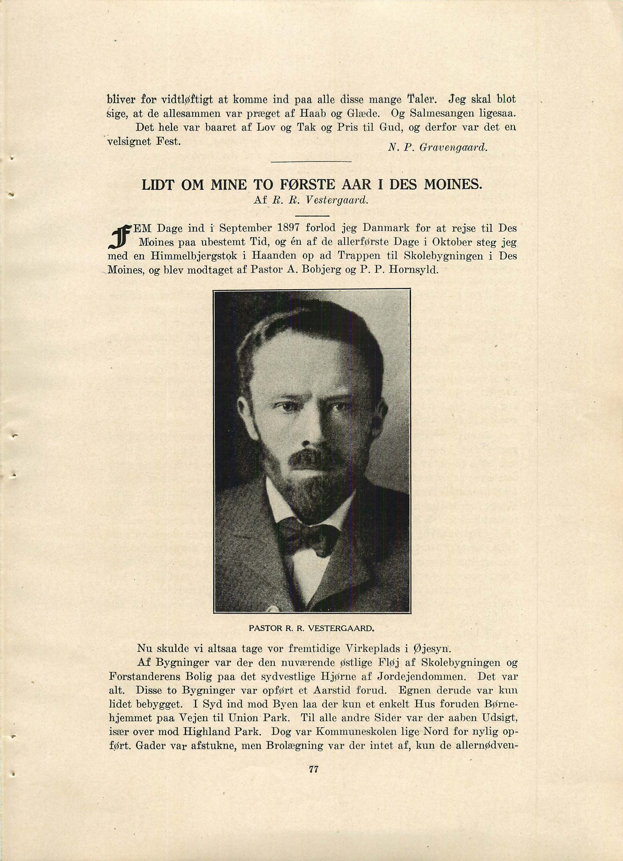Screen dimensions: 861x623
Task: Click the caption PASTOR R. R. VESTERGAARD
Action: point(311,628)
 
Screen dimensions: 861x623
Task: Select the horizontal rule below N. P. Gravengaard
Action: point(311,161)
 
